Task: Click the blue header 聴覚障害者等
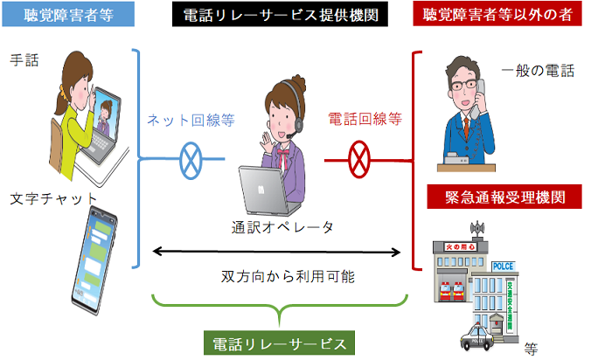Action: (67, 15)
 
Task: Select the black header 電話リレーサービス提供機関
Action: (281, 15)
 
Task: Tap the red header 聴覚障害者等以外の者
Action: (499, 15)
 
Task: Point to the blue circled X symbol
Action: (191, 160)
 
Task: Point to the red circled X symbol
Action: (359, 160)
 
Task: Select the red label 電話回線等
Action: (365, 119)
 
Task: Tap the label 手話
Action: (24, 60)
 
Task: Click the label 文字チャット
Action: (52, 197)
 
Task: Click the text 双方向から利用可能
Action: (279, 278)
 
